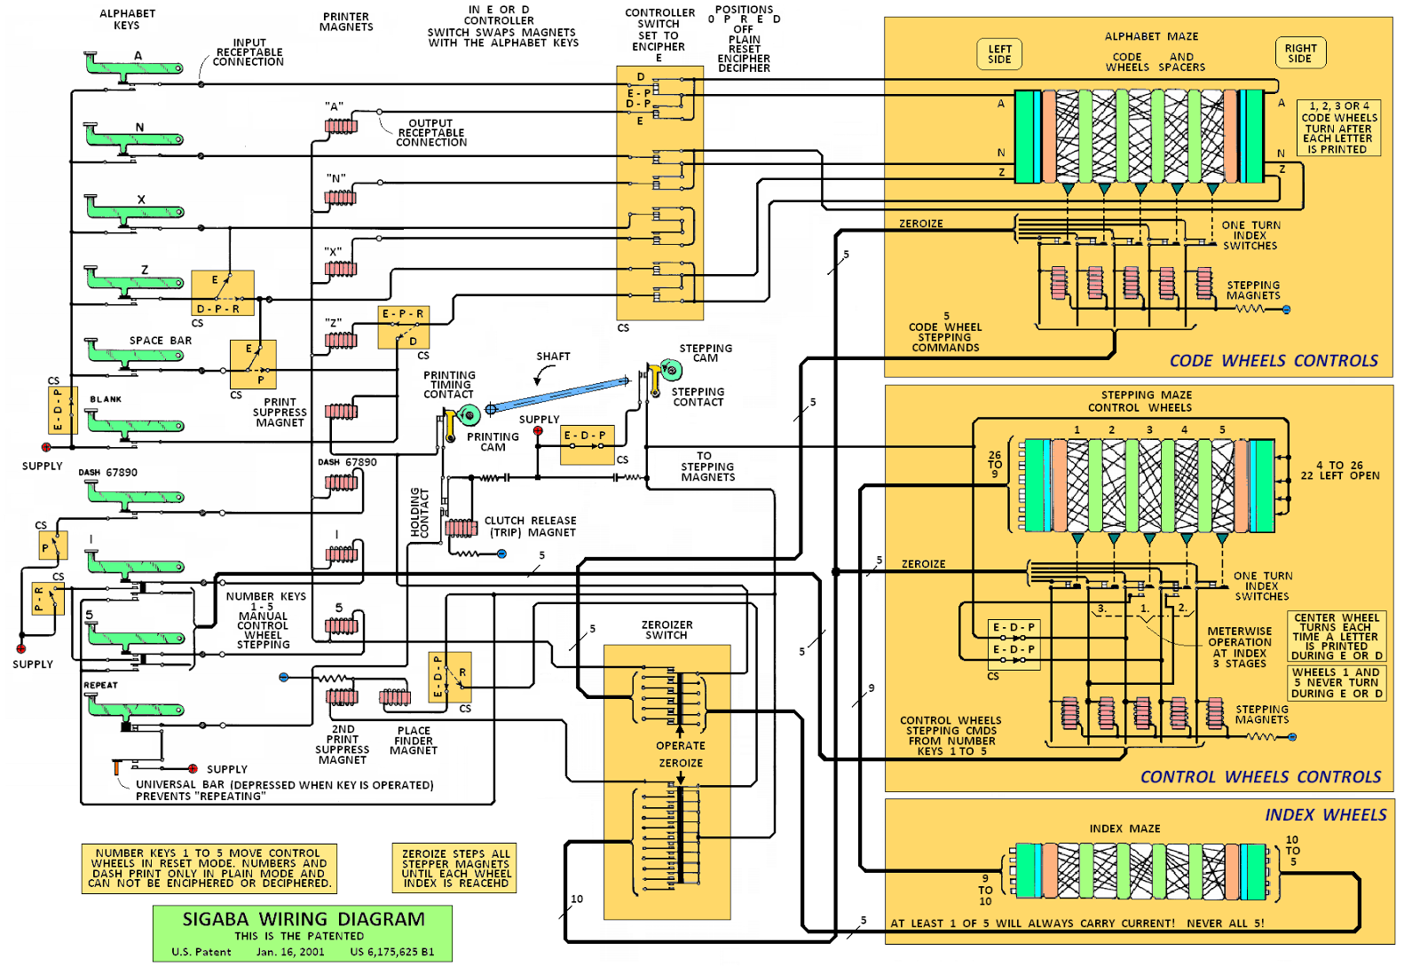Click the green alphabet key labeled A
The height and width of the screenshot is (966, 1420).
133,67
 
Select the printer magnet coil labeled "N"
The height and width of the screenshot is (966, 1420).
341,198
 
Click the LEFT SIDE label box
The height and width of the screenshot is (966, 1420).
999,54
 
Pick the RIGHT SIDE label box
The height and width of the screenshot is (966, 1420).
1300,53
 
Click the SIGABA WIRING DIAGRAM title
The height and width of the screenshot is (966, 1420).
304,919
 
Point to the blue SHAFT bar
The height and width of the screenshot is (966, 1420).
559,394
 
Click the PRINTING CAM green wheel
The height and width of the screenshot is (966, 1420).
469,413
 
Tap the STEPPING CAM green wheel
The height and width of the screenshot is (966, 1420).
671,369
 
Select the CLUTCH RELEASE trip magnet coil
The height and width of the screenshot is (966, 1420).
461,528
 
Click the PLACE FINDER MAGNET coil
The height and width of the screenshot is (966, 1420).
395,698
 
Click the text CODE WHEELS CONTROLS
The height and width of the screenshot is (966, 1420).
1274,361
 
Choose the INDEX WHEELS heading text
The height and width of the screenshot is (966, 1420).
1325,815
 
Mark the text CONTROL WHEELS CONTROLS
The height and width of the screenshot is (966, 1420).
1260,777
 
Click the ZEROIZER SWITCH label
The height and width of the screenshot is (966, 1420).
667,630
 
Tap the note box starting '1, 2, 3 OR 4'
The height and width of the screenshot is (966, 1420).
1338,128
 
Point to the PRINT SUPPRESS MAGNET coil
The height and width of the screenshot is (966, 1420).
341,412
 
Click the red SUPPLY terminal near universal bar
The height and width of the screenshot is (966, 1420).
193,768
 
